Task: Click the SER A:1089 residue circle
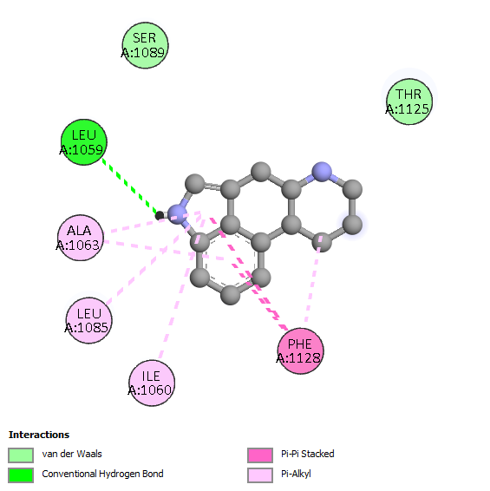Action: coord(145,45)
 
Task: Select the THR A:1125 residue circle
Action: coord(409,101)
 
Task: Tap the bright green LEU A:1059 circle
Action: coord(84,142)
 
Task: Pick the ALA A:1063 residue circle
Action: coord(81,238)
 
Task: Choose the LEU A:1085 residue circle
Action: coord(89,320)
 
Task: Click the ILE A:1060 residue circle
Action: coord(152,383)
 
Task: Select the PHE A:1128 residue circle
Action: coord(301,351)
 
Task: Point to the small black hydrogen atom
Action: coord(160,215)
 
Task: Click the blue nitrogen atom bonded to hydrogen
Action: coord(178,214)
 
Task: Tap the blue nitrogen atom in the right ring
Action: coord(322,172)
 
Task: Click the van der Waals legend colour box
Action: coord(21,455)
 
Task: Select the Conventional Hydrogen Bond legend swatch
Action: coord(21,475)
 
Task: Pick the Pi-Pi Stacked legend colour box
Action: coord(260,455)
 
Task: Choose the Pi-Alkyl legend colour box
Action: coord(260,475)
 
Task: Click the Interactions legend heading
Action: coord(39,435)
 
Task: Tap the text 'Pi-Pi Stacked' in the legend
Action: coord(308,454)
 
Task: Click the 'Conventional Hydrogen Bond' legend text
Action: coord(102,474)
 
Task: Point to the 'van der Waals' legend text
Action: coord(72,454)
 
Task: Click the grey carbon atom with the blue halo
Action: coord(353,224)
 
